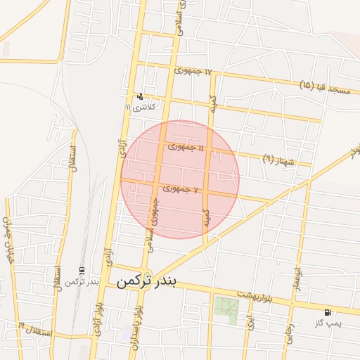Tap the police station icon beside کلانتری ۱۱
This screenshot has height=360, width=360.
point(141,96)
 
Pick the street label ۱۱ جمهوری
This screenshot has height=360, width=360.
point(186,148)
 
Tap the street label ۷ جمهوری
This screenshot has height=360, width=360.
point(182,189)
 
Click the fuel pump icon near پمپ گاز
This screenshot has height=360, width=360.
point(328,312)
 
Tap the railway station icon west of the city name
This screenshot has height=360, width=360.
point(82,271)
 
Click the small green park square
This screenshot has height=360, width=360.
point(226,307)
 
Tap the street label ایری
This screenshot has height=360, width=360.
point(249,322)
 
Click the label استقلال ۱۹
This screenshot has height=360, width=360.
point(35,330)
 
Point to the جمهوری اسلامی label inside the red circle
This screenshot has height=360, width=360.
point(155,211)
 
